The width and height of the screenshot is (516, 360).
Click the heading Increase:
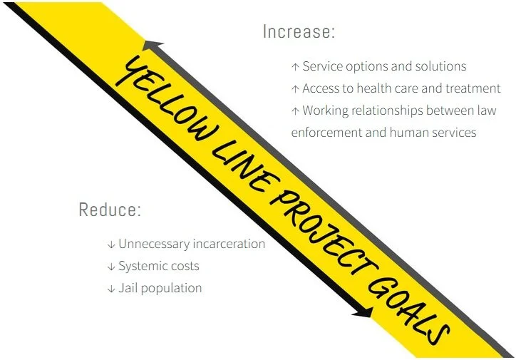click(299, 32)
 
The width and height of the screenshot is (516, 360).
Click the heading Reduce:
click(110, 210)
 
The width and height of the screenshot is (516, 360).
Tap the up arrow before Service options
click(295, 67)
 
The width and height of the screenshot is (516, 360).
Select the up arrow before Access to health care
click(295, 89)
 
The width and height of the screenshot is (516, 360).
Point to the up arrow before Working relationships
click(295, 111)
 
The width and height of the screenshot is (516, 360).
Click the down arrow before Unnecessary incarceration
click(111, 245)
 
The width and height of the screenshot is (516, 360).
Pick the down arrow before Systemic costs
click(111, 267)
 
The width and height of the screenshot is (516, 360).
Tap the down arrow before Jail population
click(111, 289)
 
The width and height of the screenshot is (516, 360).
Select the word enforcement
click(326, 133)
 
